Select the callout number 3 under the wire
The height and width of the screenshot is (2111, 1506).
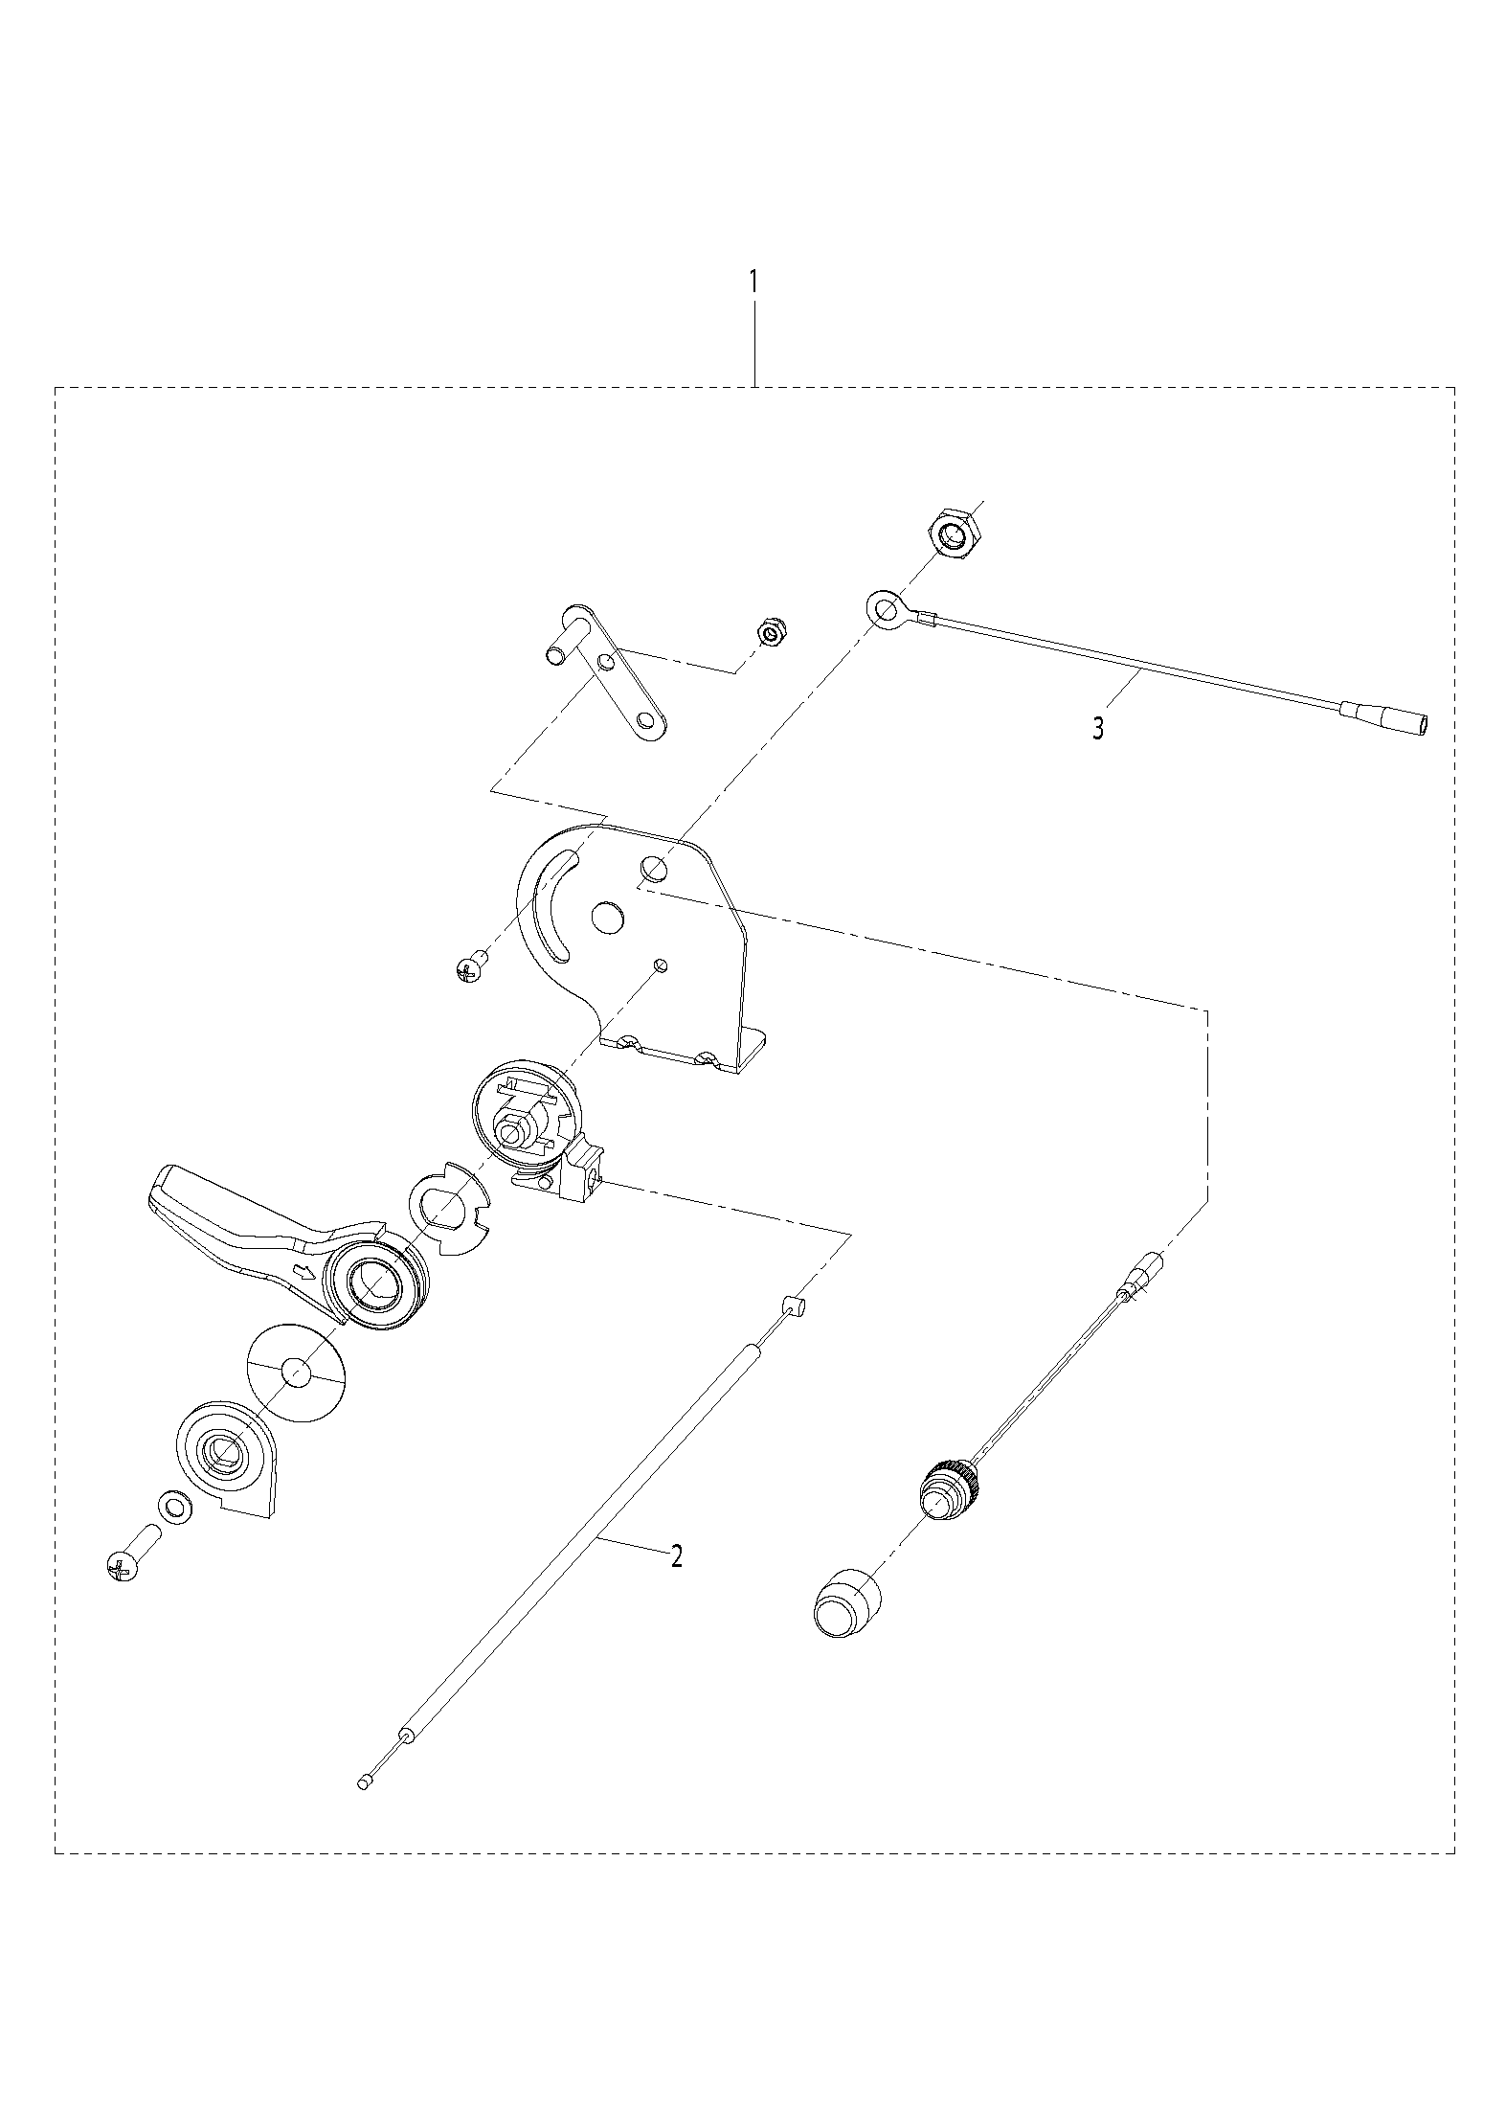[1098, 728]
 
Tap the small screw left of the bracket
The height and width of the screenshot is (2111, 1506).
[470, 968]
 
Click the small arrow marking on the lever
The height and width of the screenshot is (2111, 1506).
[304, 1273]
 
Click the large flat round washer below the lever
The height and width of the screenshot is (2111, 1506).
[296, 1373]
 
